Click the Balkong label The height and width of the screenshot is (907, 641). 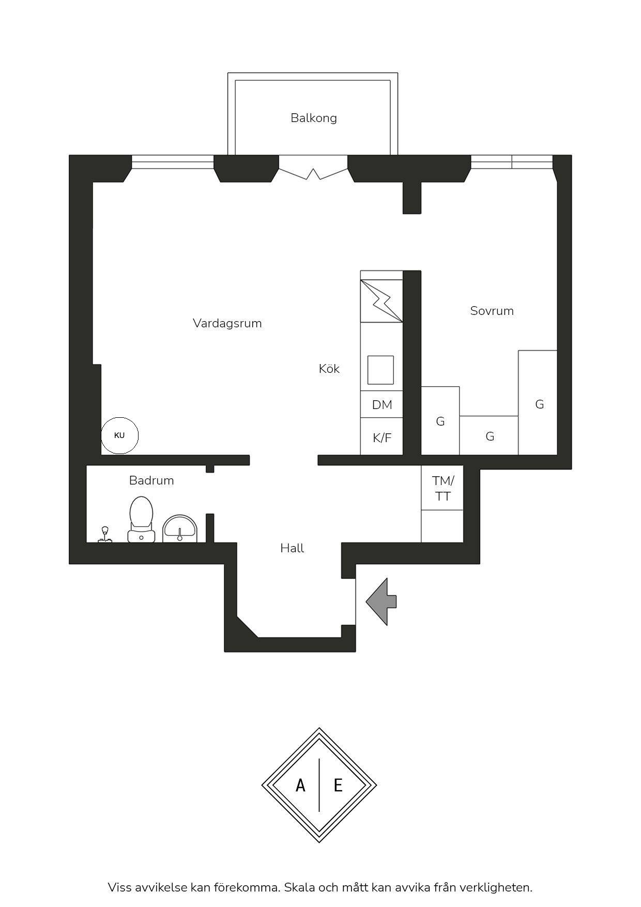[x=313, y=118]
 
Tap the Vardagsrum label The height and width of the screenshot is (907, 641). [x=227, y=323]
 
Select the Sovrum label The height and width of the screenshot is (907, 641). [x=492, y=311]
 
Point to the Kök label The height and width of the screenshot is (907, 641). [x=329, y=369]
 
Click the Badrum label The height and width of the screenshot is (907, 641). [x=151, y=480]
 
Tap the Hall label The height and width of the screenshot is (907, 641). [x=292, y=548]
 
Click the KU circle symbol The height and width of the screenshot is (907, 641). [x=119, y=435]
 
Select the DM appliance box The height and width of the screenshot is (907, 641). [x=381, y=404]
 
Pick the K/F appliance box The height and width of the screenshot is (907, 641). [x=381, y=436]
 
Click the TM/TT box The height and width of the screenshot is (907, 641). [x=442, y=488]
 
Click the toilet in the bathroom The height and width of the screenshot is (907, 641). [x=141, y=519]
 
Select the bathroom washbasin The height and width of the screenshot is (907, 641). [x=180, y=528]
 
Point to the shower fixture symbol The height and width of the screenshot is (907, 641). [x=105, y=535]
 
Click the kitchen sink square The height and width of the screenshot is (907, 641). [x=380, y=370]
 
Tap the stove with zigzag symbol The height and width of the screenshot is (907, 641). [x=381, y=301]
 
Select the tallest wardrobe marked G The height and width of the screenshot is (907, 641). [x=538, y=402]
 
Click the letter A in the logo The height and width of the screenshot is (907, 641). [x=300, y=786]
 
